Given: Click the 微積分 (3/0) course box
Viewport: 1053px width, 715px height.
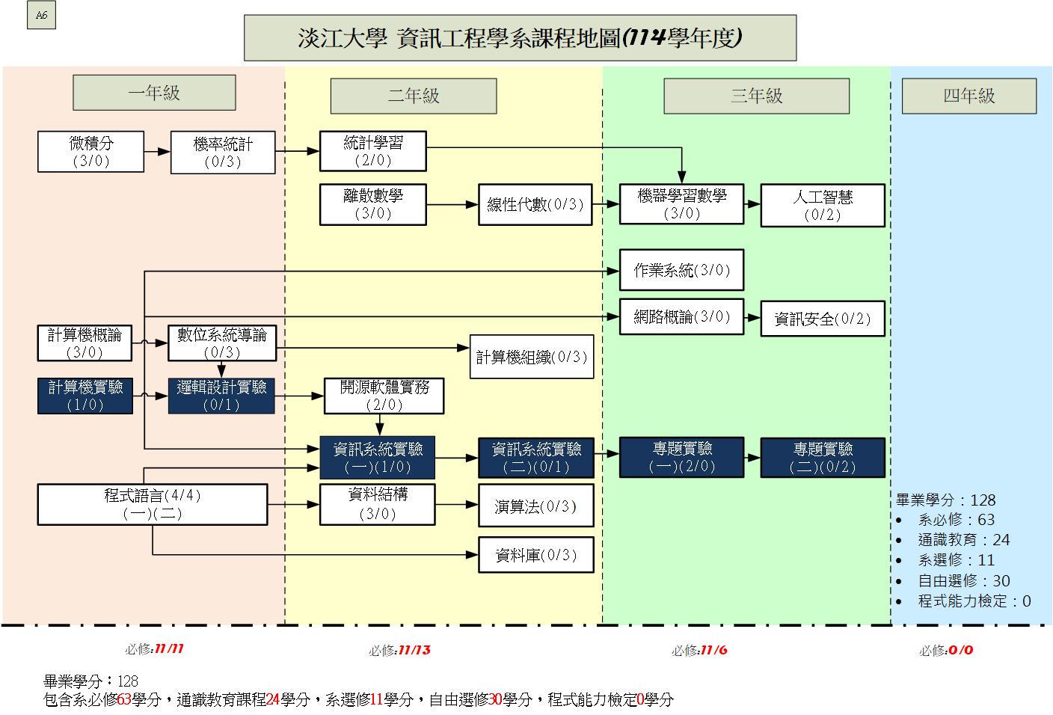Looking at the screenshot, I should [x=90, y=152].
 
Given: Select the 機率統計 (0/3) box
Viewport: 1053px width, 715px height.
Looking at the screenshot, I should [x=223, y=153].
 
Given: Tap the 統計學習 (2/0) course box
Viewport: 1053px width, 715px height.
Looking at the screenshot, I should [x=372, y=151].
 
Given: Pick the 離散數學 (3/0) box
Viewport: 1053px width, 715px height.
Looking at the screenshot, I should [x=372, y=204].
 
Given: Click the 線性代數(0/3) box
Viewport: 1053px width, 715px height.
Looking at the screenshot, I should [x=535, y=204].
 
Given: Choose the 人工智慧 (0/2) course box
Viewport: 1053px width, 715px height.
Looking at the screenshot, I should [x=822, y=205].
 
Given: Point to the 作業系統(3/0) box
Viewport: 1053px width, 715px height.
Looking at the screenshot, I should [x=681, y=270].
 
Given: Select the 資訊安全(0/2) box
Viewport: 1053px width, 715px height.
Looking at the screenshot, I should [x=822, y=319].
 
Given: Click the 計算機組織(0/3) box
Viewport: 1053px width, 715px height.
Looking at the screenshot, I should [x=532, y=357].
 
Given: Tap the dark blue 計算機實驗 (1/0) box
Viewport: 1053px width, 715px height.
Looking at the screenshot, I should [x=85, y=396].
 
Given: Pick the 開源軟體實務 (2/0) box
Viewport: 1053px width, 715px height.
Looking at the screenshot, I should [x=384, y=396].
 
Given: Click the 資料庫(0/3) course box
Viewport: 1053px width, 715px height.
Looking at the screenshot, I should [x=536, y=555].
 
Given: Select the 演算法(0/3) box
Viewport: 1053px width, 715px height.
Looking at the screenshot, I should [x=536, y=506].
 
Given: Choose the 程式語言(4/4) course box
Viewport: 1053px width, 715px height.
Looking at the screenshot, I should [x=153, y=504].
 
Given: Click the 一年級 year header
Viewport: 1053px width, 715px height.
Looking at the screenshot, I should [x=154, y=93].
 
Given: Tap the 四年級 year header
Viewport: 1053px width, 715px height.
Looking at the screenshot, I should [x=968, y=96].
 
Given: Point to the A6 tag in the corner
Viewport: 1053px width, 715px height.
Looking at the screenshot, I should [x=41, y=16].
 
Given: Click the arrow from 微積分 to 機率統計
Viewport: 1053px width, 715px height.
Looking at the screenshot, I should [x=157, y=152].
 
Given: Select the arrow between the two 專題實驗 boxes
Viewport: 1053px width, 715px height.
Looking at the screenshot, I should [x=752, y=456].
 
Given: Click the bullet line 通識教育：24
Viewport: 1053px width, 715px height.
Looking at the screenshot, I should [x=963, y=540].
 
